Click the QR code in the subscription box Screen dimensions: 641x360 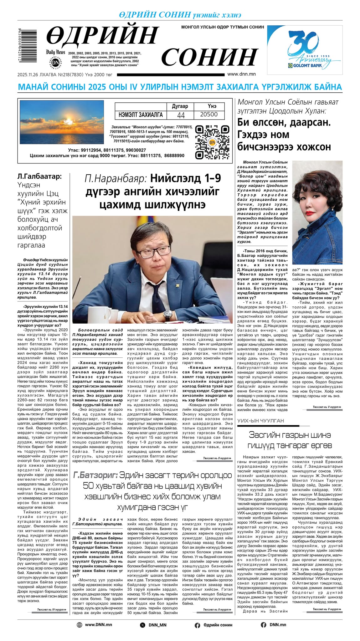click(208, 142)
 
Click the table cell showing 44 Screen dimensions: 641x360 click(181, 115)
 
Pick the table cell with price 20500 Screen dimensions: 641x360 click(209, 115)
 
